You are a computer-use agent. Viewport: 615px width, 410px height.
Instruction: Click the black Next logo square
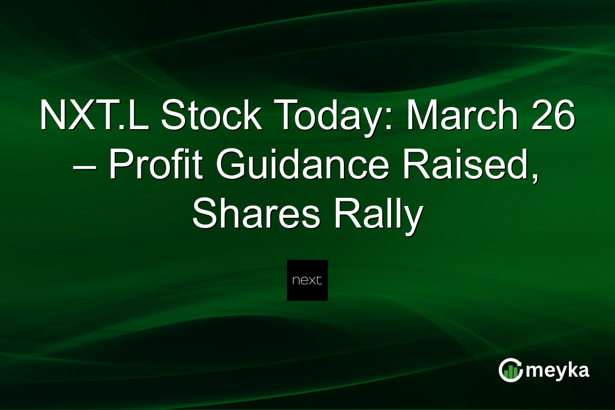click(307, 280)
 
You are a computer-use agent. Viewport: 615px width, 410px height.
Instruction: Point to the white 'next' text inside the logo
click(307, 281)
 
